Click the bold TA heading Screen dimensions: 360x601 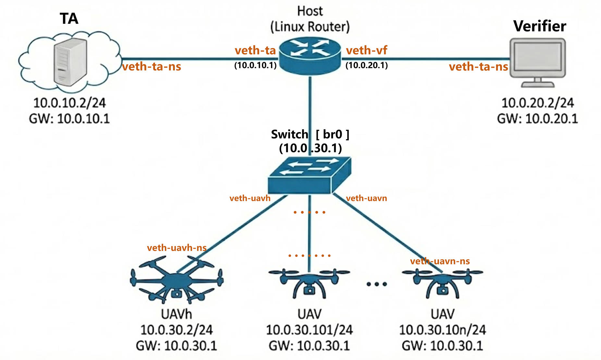[x=69, y=19]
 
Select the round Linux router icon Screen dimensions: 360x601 [x=310, y=55]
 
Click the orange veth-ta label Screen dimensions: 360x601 [x=255, y=50]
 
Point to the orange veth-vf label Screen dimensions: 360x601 [x=366, y=50]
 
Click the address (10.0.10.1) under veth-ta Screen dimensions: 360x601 [x=255, y=65]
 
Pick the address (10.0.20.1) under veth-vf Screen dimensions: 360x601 [x=366, y=65]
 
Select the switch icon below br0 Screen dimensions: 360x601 [x=309, y=175]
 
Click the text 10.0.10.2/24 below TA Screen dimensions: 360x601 [x=69, y=103]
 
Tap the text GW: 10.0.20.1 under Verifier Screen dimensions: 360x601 [x=537, y=118]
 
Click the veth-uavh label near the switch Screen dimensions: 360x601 [x=250, y=198]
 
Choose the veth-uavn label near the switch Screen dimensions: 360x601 [x=366, y=198]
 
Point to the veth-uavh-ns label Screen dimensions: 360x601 [x=177, y=248]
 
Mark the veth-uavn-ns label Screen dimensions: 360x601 [x=440, y=261]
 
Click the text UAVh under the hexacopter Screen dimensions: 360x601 [x=176, y=314]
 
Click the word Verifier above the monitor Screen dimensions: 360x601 [x=539, y=26]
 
